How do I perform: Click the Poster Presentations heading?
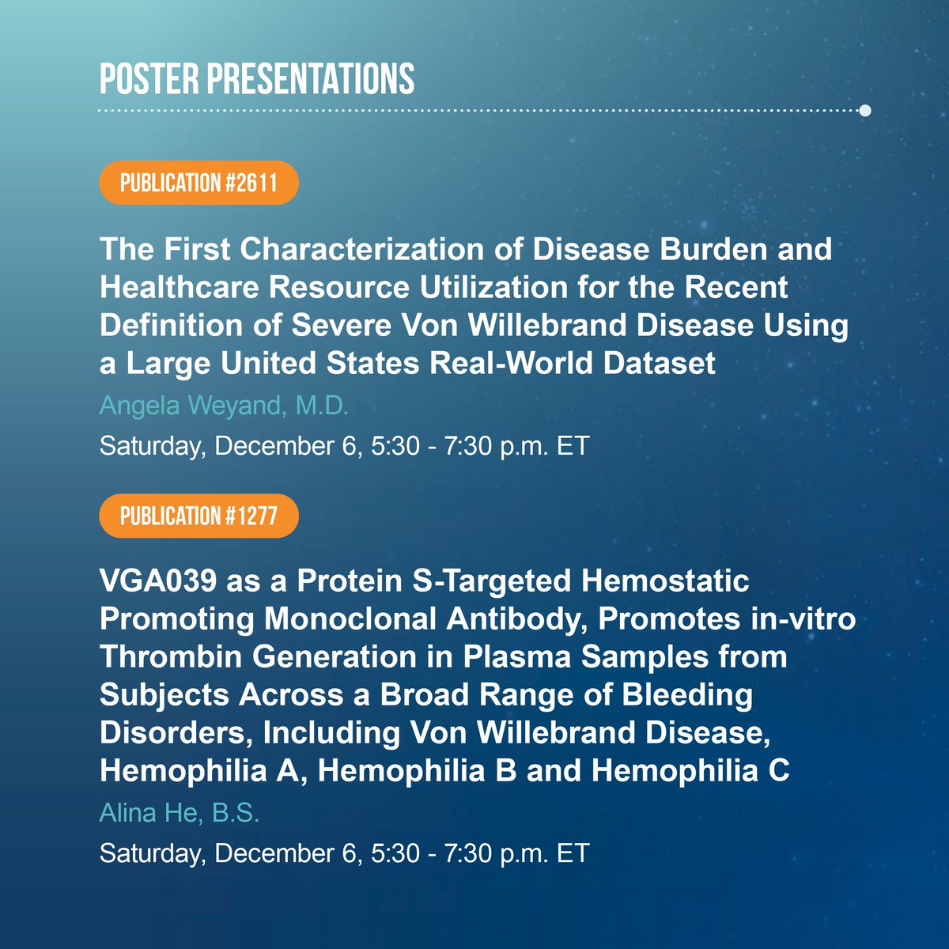(257, 78)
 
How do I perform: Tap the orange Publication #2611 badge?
(198, 183)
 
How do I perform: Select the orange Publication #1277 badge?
(198, 516)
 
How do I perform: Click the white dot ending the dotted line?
(864, 111)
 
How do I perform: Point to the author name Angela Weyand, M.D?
(224, 406)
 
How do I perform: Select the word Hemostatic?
(665, 581)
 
